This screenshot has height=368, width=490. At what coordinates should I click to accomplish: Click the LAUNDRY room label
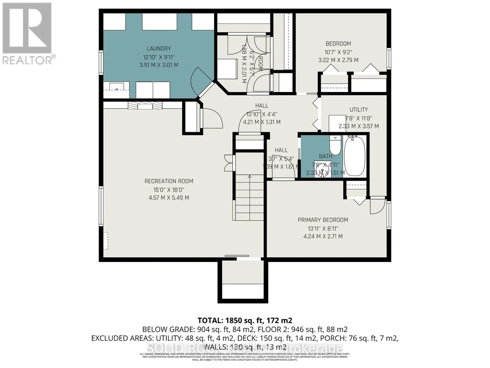click(159, 48)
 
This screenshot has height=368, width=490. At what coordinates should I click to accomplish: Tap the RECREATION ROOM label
click(169, 181)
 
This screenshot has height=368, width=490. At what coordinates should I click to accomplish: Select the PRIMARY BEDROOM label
click(323, 220)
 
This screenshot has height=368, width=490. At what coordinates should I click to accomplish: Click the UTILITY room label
click(359, 109)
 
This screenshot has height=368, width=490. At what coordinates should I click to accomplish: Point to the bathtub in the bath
click(355, 156)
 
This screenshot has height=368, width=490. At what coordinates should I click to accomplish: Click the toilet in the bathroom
click(336, 145)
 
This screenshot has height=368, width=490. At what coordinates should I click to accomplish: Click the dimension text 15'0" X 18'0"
click(169, 190)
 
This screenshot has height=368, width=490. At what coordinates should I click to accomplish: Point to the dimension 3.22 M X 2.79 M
click(338, 60)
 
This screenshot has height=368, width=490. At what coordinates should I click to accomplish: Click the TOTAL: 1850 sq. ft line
click(245, 320)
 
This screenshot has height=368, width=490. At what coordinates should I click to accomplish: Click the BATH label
click(325, 156)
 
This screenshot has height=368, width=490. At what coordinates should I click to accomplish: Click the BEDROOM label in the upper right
click(338, 44)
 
